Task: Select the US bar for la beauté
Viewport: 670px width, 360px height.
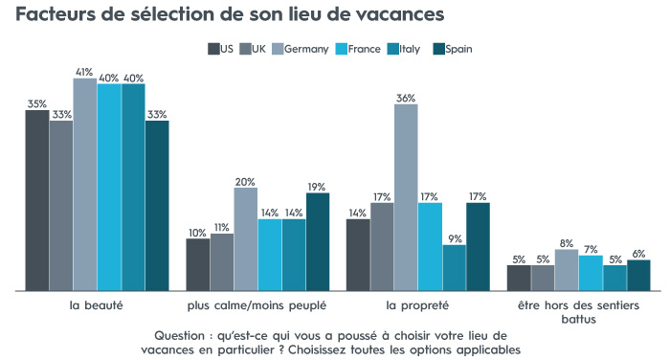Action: pyautogui.click(x=37, y=200)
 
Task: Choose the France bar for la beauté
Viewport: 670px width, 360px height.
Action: pyautogui.click(x=109, y=188)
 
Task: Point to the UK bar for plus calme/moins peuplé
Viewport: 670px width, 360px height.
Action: pyautogui.click(x=221, y=261)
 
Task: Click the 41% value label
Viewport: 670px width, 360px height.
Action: pyautogui.click(x=85, y=71)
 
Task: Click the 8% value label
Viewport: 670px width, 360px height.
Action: pyautogui.click(x=566, y=242)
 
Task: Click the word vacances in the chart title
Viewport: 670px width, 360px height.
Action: pyautogui.click(x=391, y=15)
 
